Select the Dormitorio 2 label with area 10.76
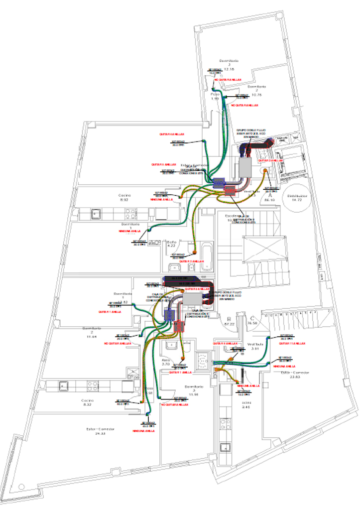[257, 91]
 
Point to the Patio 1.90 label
[215, 96]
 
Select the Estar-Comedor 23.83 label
[295, 375]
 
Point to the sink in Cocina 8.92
[95, 214]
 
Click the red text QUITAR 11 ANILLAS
[291, 343]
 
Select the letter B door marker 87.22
[230, 321]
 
